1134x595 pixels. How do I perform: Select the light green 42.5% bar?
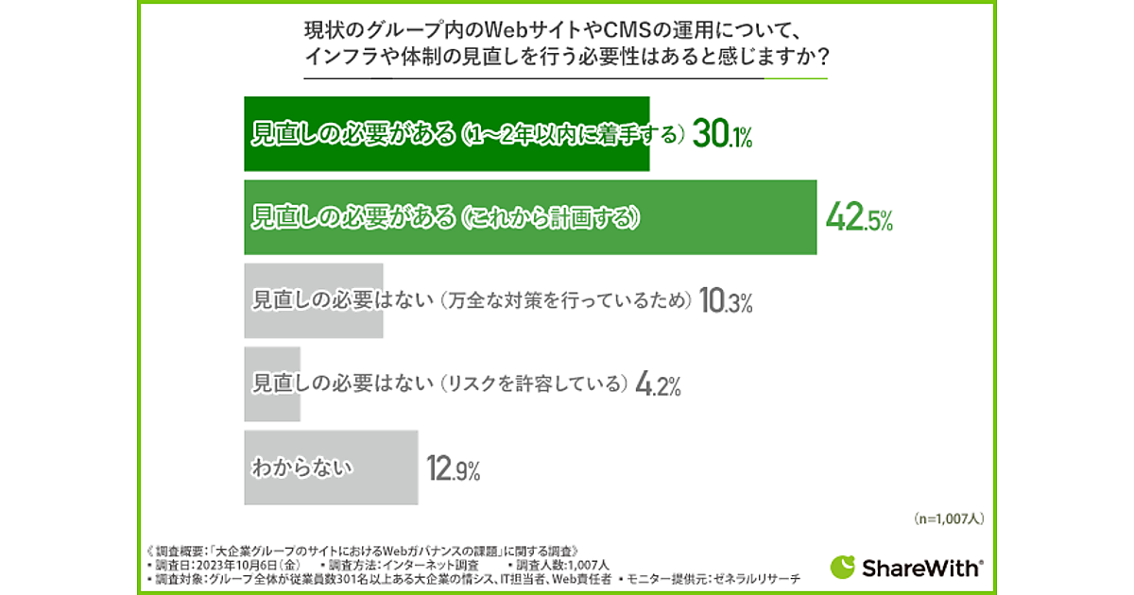click(529, 216)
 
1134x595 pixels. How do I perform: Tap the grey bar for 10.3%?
click(313, 300)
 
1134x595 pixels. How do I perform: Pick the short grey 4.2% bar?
click(272, 383)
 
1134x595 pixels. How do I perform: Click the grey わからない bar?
click(331, 467)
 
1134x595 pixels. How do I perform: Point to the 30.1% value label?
click(722, 136)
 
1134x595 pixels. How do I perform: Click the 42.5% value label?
click(858, 219)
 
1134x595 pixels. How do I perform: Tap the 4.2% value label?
click(659, 384)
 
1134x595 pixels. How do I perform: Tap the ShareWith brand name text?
click(921, 568)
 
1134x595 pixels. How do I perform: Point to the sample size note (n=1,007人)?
click(950, 518)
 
